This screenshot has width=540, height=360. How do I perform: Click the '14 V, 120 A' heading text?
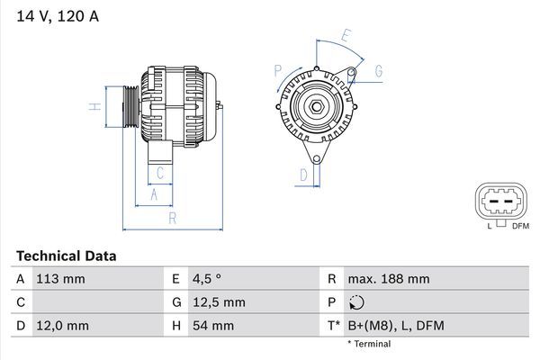point(56,14)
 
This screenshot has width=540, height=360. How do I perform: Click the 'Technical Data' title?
point(66,256)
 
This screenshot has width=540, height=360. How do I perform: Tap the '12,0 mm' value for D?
point(61,325)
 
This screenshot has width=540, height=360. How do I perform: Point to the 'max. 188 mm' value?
point(389,279)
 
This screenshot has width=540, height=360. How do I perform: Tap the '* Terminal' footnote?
point(369,344)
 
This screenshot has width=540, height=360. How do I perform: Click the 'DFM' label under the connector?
point(520,225)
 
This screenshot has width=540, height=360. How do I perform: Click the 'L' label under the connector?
point(489,225)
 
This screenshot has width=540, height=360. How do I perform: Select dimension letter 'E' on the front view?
point(345,36)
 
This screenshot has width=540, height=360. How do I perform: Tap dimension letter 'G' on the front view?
point(379,70)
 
